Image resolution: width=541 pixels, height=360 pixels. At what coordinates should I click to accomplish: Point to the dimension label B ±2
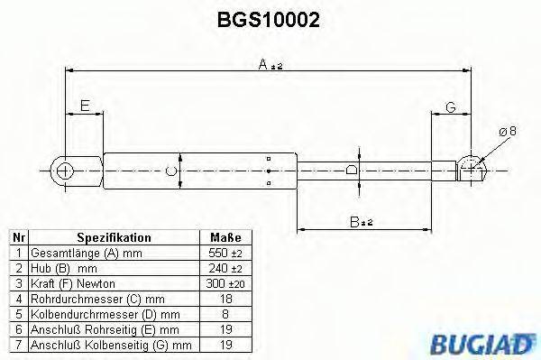(362, 220)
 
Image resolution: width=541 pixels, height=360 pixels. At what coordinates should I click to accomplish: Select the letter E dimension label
(85, 106)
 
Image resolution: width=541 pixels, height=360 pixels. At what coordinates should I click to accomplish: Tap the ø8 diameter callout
(508, 132)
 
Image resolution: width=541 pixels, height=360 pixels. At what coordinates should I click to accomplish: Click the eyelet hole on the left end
(64, 170)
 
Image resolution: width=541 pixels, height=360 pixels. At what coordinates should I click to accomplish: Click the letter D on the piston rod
(351, 169)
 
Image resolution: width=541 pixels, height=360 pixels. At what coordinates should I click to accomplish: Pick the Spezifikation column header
(114, 237)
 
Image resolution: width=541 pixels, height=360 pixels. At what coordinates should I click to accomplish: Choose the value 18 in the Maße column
(225, 298)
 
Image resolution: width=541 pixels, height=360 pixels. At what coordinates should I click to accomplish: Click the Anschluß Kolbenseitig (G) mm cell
(110, 344)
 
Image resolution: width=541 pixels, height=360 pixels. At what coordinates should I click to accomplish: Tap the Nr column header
(18, 237)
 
